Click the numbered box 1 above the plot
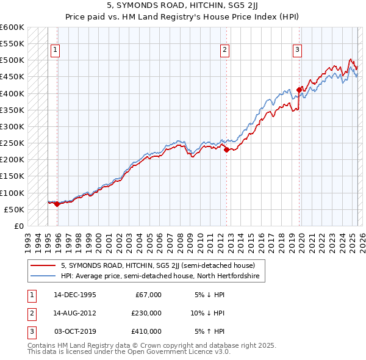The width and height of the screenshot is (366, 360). click(x=56, y=51)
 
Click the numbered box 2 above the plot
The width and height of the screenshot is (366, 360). click(x=225, y=51)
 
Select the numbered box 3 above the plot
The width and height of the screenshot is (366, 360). click(x=297, y=51)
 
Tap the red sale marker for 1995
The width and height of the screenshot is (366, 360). click(x=57, y=204)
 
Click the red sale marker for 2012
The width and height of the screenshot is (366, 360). click(x=226, y=149)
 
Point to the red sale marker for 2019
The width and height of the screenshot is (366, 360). click(x=299, y=90)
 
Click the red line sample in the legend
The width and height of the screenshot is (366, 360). click(x=43, y=265)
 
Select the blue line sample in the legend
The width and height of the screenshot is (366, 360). click(x=43, y=276)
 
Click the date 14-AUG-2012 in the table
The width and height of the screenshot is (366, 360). click(x=75, y=313)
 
